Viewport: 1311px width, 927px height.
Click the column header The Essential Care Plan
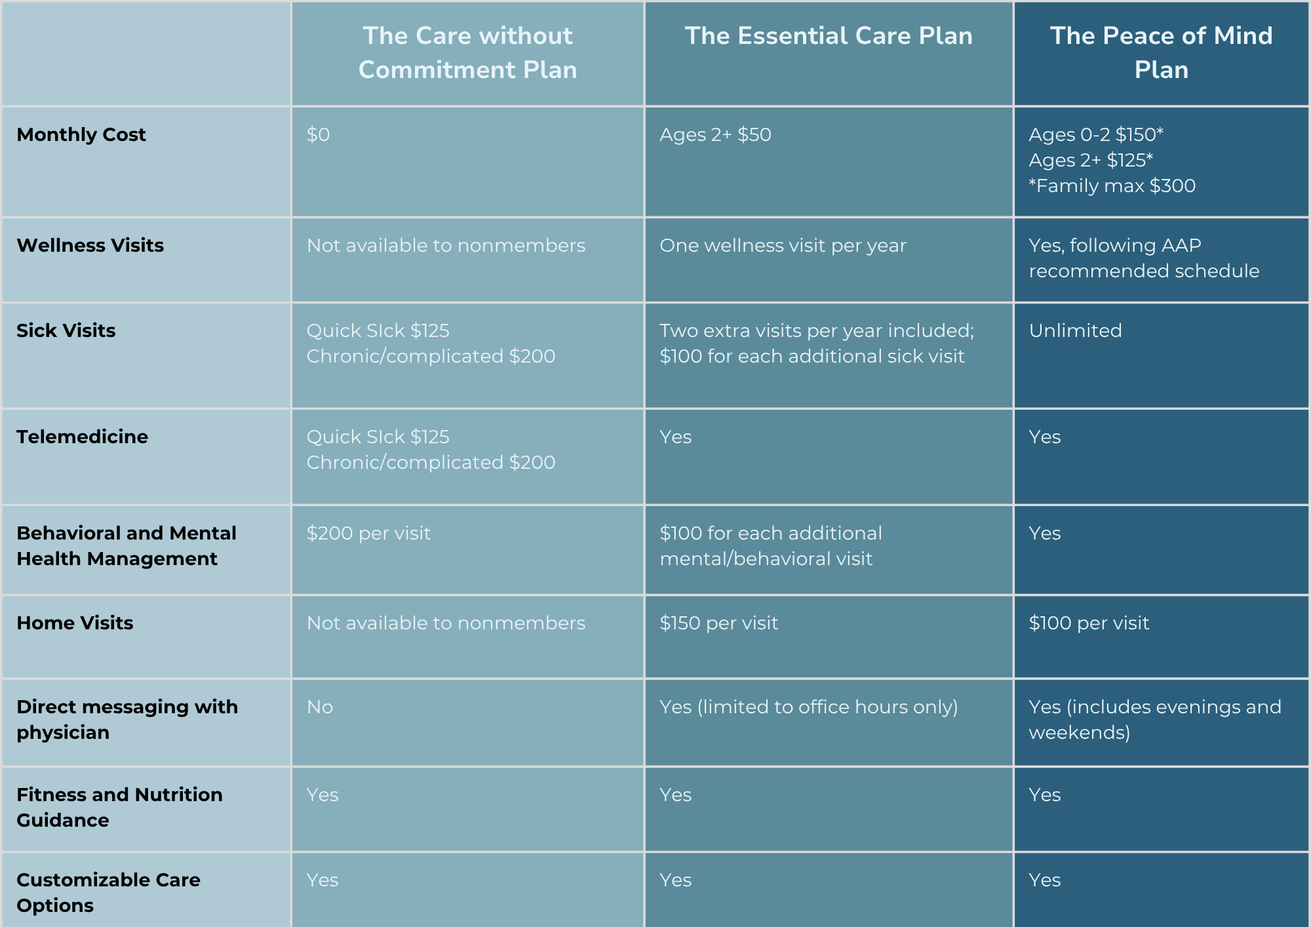(829, 36)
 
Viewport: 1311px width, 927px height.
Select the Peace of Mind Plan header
(1161, 52)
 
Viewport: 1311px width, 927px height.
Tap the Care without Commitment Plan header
(467, 52)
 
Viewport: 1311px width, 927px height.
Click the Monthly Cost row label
(81, 134)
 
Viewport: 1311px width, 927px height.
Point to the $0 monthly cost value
(318, 134)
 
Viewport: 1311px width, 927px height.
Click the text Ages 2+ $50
(715, 134)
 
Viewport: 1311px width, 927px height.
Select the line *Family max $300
(1112, 186)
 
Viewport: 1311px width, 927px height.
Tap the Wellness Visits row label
(90, 245)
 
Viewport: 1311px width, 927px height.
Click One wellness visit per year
(783, 245)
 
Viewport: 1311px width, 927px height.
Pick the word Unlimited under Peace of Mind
(1075, 330)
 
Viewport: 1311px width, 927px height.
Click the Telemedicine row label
(83, 437)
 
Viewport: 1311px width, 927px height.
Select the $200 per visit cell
(368, 533)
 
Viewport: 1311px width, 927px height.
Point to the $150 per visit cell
(719, 623)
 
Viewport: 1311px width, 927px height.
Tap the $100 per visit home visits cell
(1089, 623)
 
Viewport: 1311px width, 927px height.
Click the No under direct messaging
(320, 707)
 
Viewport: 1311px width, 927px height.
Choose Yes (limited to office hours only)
(809, 707)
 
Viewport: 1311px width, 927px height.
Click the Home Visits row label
(75, 623)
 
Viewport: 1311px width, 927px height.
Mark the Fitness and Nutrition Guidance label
(119, 807)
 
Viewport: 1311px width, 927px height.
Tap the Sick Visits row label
(66, 330)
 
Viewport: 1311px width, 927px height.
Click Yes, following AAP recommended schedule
(1144, 258)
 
